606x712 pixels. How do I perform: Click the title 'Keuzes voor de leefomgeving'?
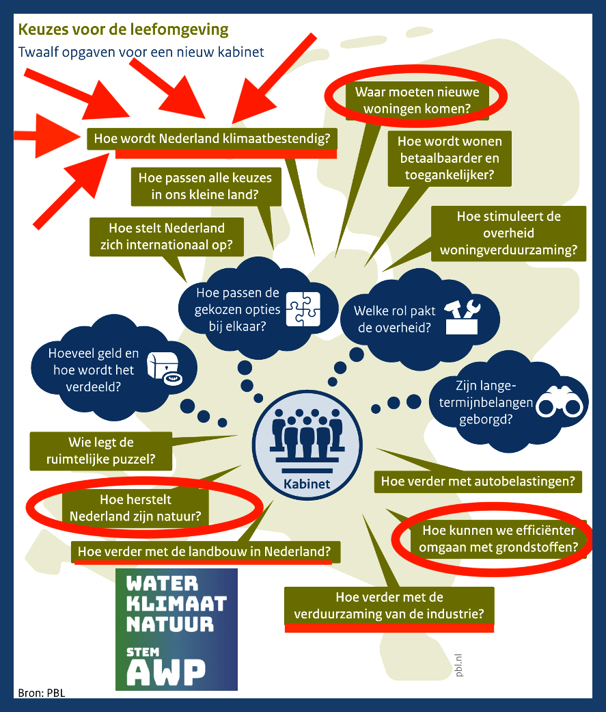pyautogui.click(x=123, y=30)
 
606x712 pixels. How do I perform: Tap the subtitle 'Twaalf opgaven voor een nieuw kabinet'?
pyautogui.click(x=141, y=52)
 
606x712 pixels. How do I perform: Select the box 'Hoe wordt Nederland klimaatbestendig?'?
pyautogui.click(x=212, y=138)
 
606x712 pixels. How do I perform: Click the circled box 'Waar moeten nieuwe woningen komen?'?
pyautogui.click(x=417, y=100)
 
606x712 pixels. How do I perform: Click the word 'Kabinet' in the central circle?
pyautogui.click(x=307, y=484)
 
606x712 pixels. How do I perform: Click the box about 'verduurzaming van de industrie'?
pyautogui.click(x=389, y=605)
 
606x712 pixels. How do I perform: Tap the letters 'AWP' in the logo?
pyautogui.click(x=166, y=672)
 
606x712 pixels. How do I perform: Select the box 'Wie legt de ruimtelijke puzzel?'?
pyautogui.click(x=101, y=450)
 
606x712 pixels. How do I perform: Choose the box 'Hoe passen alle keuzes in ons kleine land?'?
pyautogui.click(x=205, y=186)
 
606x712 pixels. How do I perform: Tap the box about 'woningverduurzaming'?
pyautogui.click(x=508, y=233)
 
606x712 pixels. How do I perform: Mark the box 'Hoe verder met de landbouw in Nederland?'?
pyautogui.click(x=205, y=551)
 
